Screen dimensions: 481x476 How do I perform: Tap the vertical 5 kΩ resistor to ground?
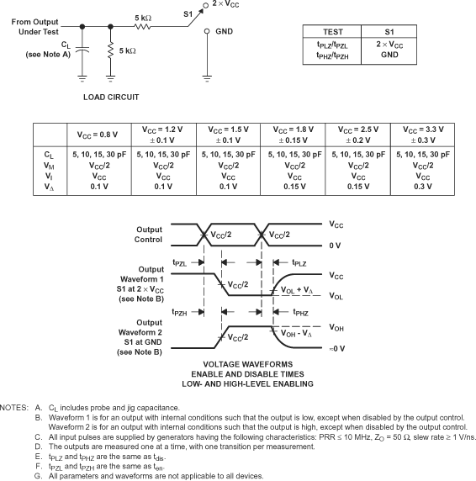point(111,52)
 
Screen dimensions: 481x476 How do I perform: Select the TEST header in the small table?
point(333,31)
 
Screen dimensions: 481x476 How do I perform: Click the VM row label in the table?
point(49,166)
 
